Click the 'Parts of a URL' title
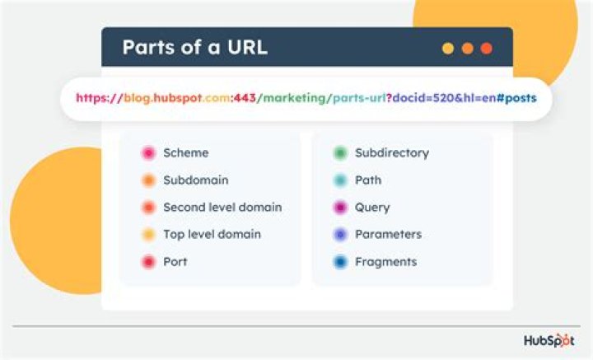point(194,47)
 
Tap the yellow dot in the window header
point(448,49)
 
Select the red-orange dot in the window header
point(486,49)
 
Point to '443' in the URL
point(245,98)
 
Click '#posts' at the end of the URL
point(516,98)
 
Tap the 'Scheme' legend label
point(185,152)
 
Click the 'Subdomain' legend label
point(195,180)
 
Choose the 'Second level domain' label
point(222,207)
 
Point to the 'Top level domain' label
point(212,234)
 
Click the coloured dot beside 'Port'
point(148,262)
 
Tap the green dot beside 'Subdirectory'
point(340,153)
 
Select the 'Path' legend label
point(368,180)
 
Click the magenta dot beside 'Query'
point(340,208)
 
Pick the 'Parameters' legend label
point(388,234)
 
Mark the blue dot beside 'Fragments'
point(340,262)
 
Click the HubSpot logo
point(549,341)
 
